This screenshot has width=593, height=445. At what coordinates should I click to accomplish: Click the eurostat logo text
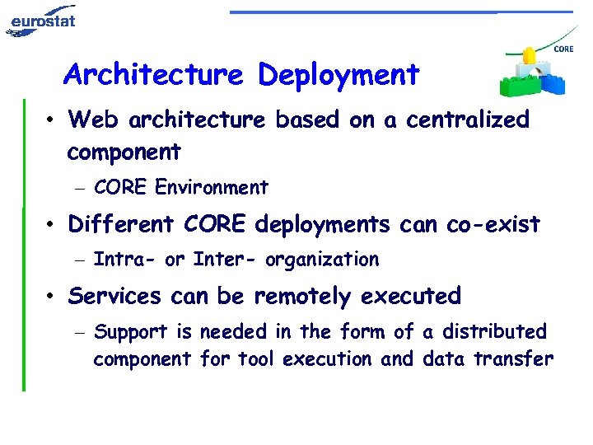pyautogui.click(x=43, y=18)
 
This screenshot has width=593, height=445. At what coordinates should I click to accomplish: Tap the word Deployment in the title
pyautogui.click(x=339, y=75)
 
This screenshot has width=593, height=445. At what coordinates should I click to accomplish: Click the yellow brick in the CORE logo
pyautogui.click(x=528, y=56)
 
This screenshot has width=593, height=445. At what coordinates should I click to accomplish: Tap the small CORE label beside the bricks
pyautogui.click(x=563, y=49)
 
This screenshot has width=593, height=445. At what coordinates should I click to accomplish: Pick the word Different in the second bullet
pyautogui.click(x=123, y=224)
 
